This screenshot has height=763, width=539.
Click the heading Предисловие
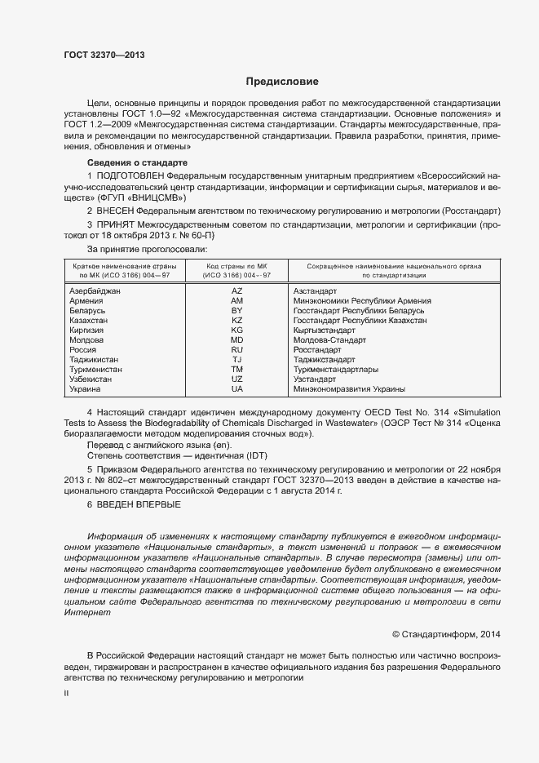(x=281, y=82)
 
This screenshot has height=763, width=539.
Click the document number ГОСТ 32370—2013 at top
(x=104, y=55)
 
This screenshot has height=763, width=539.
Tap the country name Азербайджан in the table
(x=95, y=291)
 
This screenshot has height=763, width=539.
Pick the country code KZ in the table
(x=237, y=321)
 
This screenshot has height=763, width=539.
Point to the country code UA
(x=237, y=389)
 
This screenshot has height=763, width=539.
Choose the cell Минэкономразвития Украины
(x=349, y=389)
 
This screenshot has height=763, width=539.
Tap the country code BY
(x=237, y=311)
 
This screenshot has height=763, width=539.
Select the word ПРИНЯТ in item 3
(x=118, y=224)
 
